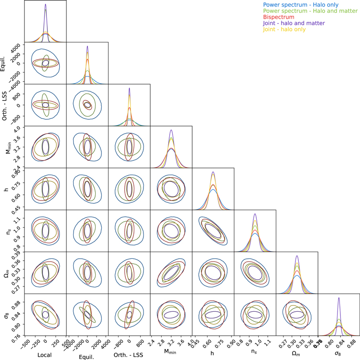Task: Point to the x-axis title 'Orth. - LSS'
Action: pyautogui.click(x=129, y=355)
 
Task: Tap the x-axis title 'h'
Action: pyautogui.click(x=213, y=355)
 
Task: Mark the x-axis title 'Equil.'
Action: pyautogui.click(x=87, y=355)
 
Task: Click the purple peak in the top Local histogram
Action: pyautogui.click(x=45, y=4)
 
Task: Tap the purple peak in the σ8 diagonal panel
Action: pyautogui.click(x=339, y=298)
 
